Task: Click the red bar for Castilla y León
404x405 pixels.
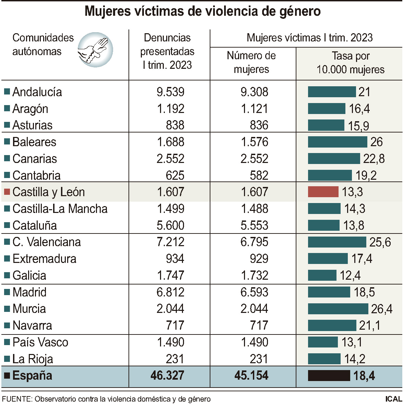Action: pyautogui.click(x=323, y=192)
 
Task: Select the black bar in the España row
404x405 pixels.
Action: pyautogui.click(x=329, y=376)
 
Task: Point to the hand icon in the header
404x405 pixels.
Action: pyautogui.click(x=95, y=50)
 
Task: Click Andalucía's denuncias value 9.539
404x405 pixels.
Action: pyautogui.click(x=170, y=92)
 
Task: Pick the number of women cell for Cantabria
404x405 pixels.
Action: pyautogui.click(x=259, y=176)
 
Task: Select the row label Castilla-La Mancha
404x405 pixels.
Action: pyautogui.click(x=60, y=209)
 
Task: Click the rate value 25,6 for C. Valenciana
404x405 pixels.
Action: pyautogui.click(x=380, y=242)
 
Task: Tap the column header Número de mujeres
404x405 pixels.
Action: pyautogui.click(x=251, y=62)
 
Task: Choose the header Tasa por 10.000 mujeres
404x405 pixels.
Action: pyautogui.click(x=350, y=63)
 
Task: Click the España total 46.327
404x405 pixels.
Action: pyautogui.click(x=167, y=376)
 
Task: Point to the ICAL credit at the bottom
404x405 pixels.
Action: pyautogui.click(x=393, y=399)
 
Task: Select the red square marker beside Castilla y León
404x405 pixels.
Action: pyautogui.click(x=7, y=192)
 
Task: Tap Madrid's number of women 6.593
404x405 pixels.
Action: pyautogui.click(x=254, y=292)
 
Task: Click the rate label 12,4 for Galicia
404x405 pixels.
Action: pyautogui.click(x=350, y=276)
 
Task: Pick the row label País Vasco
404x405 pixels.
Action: pyautogui.click(x=40, y=342)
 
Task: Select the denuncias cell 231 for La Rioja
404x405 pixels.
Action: pyautogui.click(x=175, y=359)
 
